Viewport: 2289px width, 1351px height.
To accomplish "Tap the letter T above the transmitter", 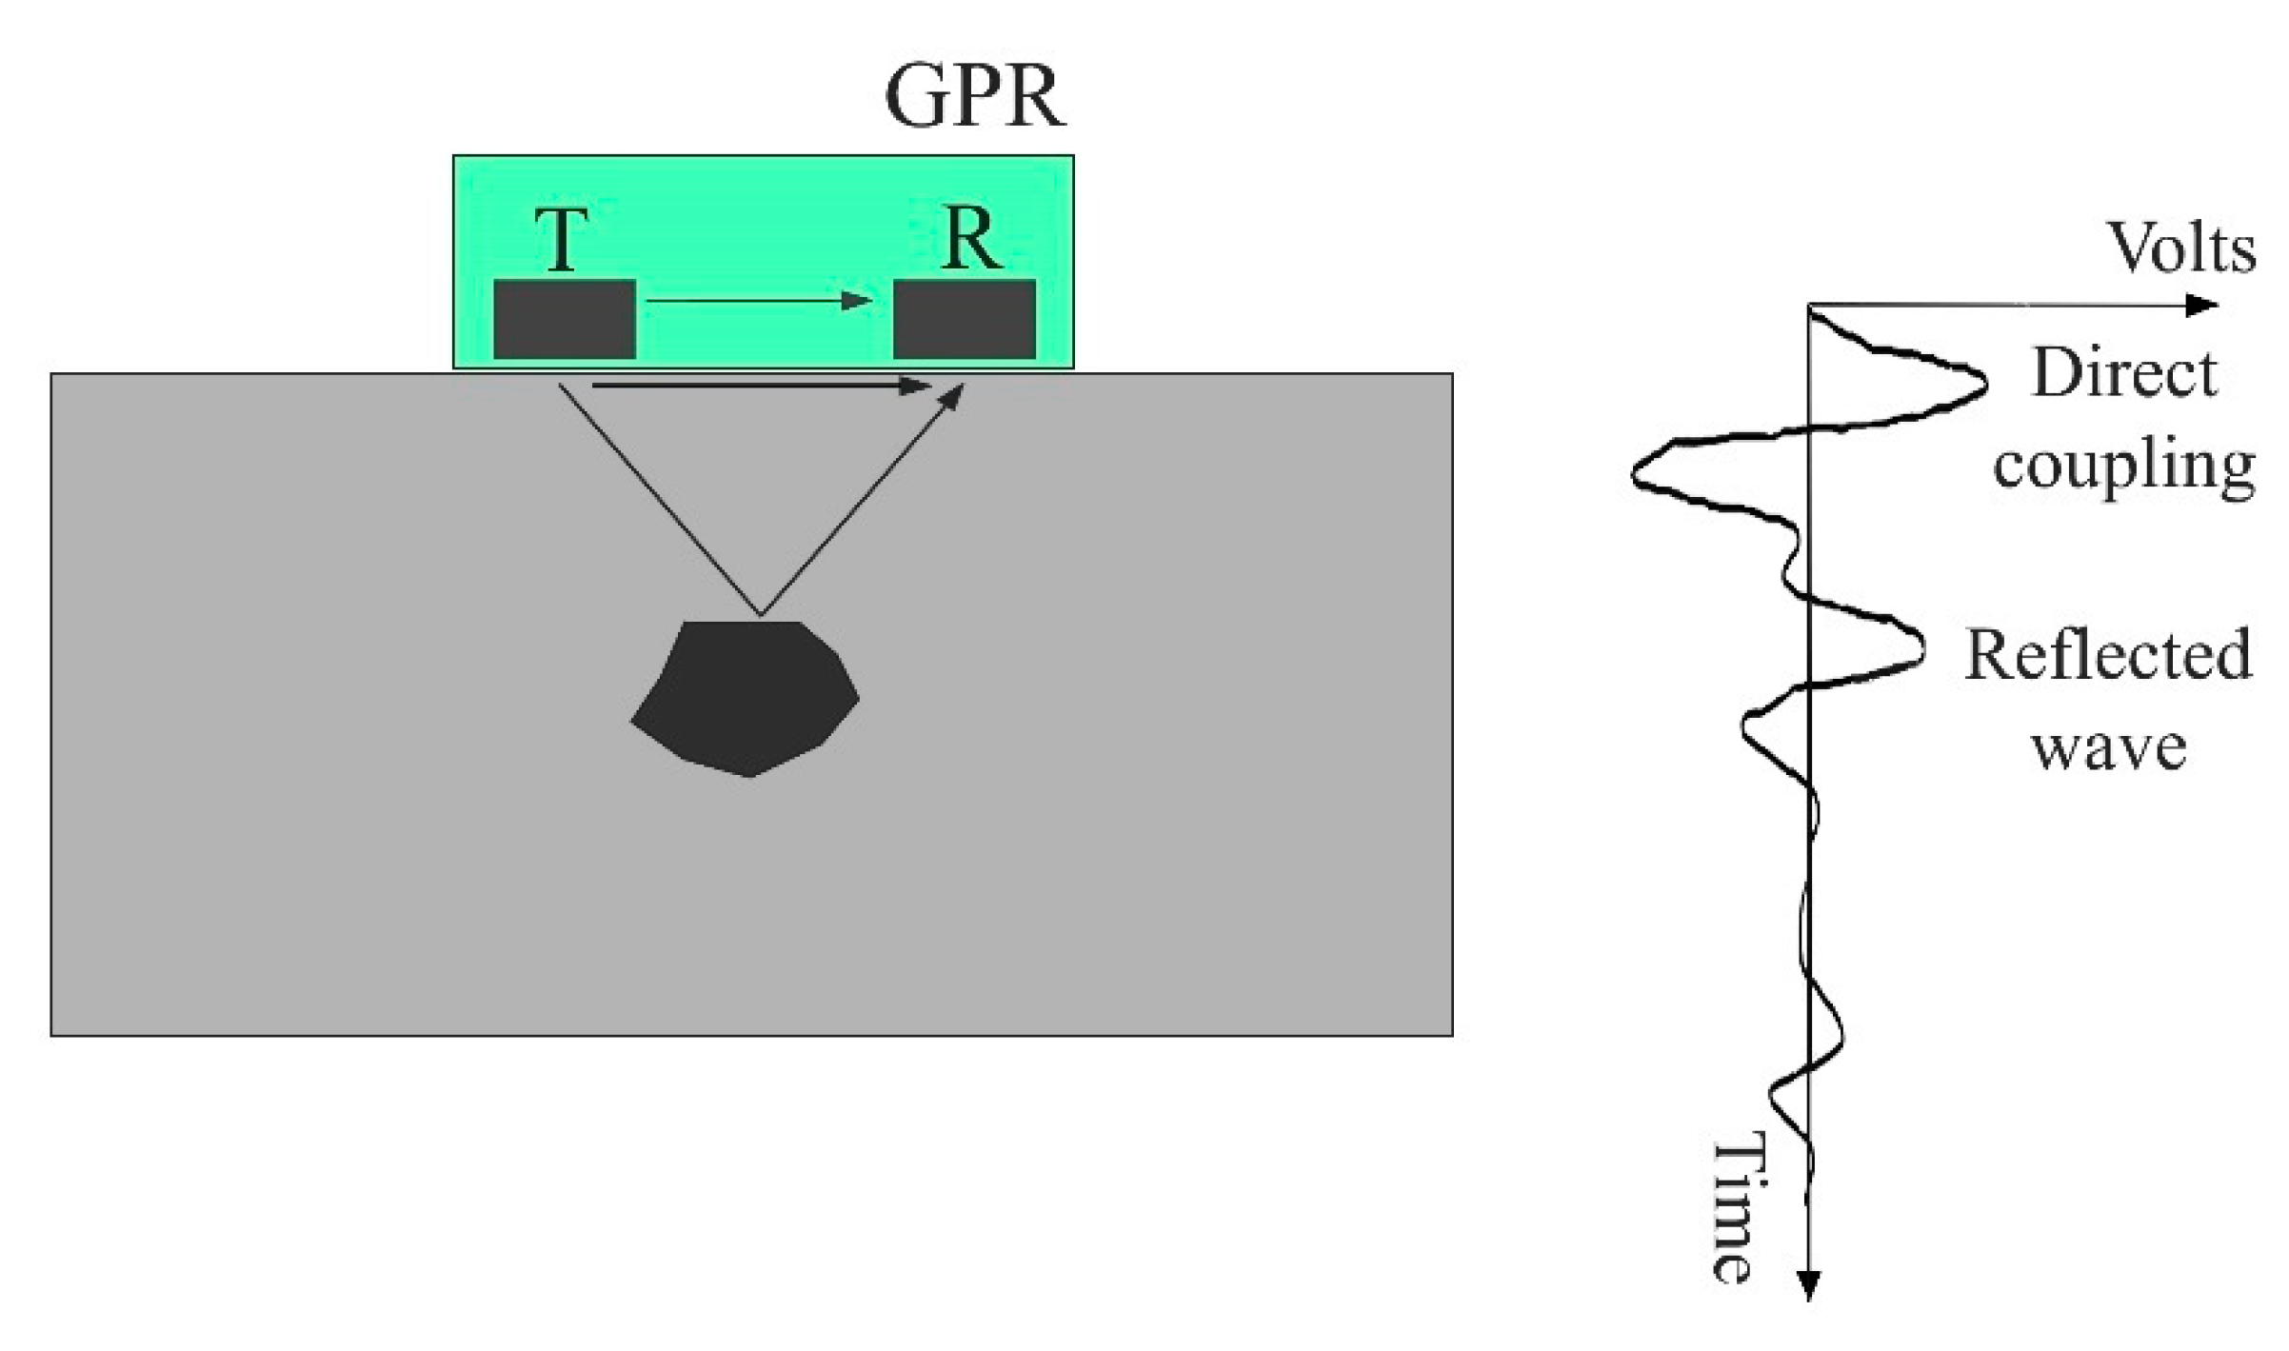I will pyautogui.click(x=561, y=239).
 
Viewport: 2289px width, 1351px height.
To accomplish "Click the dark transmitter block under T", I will pyautogui.click(x=564, y=319).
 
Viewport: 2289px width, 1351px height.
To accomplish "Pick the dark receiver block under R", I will pyautogui.click(x=964, y=319).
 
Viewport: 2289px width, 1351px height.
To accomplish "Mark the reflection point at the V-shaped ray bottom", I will pyautogui.click(x=760, y=614).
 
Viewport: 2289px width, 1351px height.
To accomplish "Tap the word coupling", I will pyautogui.click(x=2124, y=467).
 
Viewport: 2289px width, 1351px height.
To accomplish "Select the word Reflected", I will pyautogui.click(x=2108, y=655).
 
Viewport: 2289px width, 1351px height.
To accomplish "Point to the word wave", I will pyautogui.click(x=2109, y=747).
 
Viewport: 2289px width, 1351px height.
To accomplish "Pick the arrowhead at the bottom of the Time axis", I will pyautogui.click(x=1808, y=1284).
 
